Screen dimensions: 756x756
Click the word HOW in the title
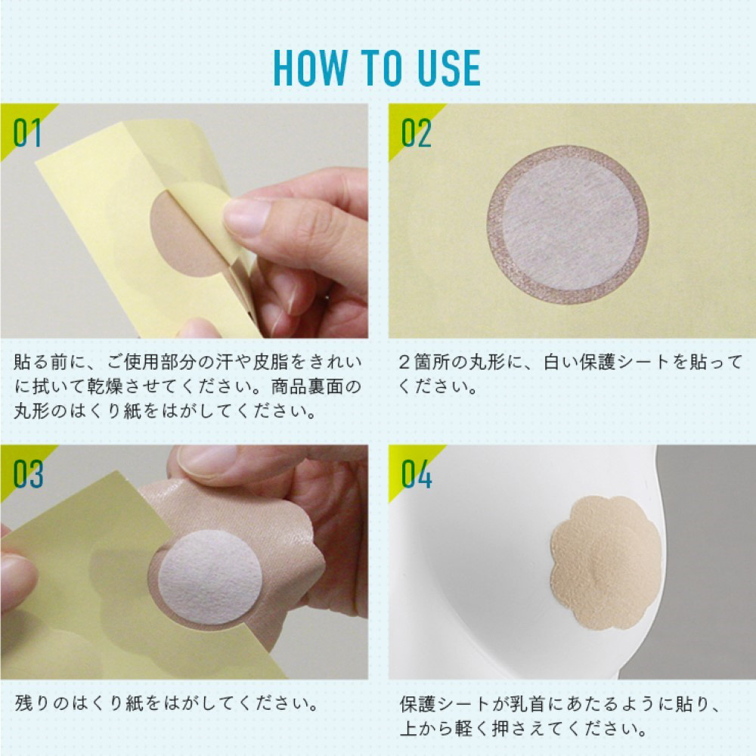pyautogui.click(x=311, y=67)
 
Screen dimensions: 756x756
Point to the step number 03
pyautogui.click(x=28, y=474)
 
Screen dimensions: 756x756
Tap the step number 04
pyautogui.click(x=417, y=474)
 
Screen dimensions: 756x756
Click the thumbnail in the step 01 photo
pyautogui.click(x=246, y=216)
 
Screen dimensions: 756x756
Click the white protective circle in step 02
pyautogui.click(x=570, y=225)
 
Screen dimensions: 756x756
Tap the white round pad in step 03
pyautogui.click(x=210, y=577)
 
